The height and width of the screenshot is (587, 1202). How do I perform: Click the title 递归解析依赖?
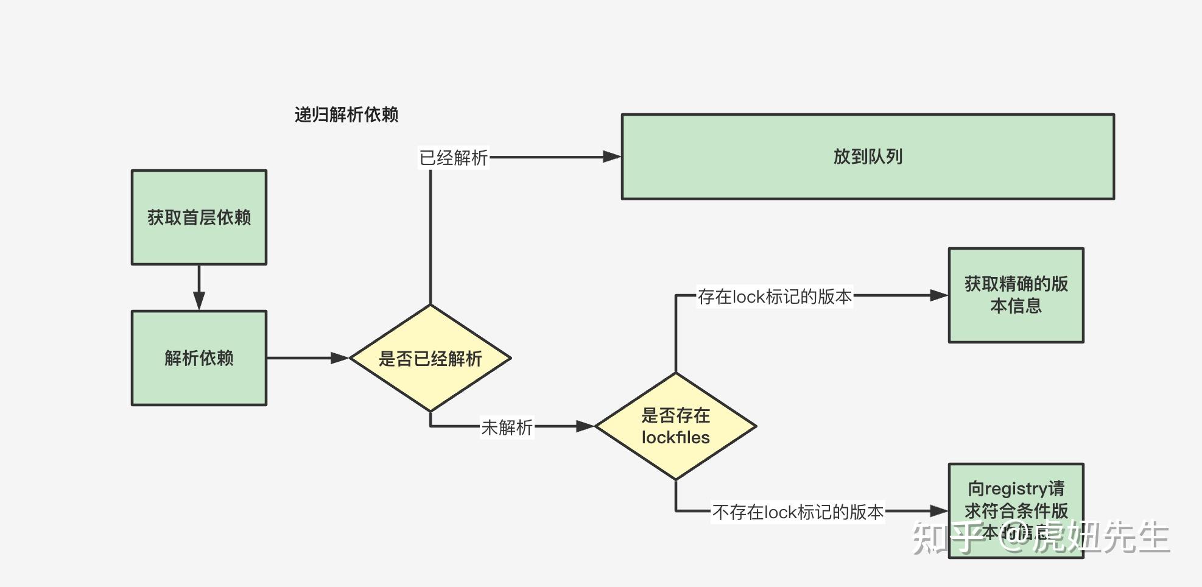click(346, 114)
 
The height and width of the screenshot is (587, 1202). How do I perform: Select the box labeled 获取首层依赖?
click(199, 217)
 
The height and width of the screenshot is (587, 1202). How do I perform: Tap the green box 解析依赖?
click(199, 358)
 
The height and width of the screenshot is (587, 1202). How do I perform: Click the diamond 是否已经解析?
click(430, 358)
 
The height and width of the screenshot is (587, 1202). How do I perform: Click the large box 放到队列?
click(868, 156)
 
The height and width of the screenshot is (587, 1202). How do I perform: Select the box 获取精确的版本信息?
click(1016, 295)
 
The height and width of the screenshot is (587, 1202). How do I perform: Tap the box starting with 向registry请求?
click(1016, 499)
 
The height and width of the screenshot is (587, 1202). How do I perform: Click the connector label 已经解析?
click(454, 158)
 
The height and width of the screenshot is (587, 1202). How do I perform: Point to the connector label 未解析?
click(507, 427)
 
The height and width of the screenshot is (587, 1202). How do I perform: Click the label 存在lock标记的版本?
click(775, 297)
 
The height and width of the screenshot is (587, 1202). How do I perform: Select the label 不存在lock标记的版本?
click(798, 512)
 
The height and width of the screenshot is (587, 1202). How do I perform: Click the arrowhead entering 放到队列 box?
click(611, 156)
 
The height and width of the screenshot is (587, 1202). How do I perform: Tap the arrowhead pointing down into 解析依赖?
click(199, 301)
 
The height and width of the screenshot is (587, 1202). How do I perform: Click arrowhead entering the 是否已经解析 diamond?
click(339, 358)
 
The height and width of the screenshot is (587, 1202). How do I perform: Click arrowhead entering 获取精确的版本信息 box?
click(939, 295)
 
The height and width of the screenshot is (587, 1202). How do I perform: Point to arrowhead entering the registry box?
click(939, 511)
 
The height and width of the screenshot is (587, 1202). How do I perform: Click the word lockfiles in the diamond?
click(675, 437)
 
